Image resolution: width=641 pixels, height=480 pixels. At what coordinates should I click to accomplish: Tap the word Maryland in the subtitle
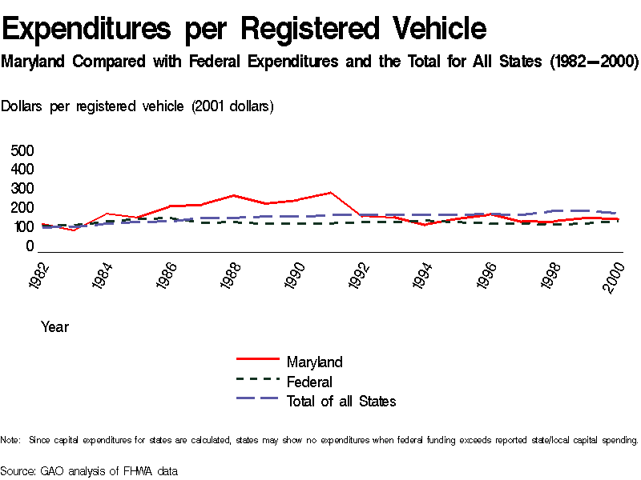click(34, 62)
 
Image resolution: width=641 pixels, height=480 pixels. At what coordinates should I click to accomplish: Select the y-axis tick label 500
click(22, 150)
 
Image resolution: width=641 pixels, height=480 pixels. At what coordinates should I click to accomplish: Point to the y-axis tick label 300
click(22, 189)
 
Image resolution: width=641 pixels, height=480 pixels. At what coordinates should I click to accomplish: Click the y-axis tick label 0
click(30, 246)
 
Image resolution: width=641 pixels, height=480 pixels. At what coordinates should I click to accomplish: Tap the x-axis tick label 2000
click(613, 275)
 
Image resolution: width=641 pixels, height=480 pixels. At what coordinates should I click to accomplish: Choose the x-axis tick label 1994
click(423, 275)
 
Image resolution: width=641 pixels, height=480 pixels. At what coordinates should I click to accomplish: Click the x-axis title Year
click(54, 326)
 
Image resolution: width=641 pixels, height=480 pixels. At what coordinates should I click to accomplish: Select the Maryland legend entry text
click(314, 362)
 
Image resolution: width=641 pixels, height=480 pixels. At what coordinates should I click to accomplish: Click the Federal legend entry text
click(309, 382)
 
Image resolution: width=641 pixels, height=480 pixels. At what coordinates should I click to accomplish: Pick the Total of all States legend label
click(341, 401)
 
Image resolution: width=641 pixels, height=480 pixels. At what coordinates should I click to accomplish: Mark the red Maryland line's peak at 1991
click(330, 193)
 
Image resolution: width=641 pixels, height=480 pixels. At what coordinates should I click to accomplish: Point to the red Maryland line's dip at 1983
click(74, 230)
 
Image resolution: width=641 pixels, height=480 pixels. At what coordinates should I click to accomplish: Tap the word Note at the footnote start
click(10, 440)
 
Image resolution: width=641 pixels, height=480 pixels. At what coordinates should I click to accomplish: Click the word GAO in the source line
click(52, 470)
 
